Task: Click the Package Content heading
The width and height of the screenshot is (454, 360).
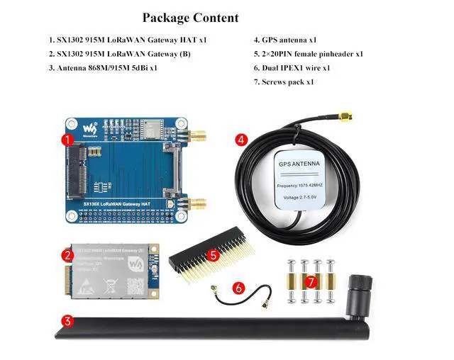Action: pos(190,18)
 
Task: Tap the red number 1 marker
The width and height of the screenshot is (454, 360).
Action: pos(67,140)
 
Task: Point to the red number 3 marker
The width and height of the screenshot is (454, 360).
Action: pos(67,320)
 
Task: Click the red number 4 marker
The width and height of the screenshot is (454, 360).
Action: pos(242,140)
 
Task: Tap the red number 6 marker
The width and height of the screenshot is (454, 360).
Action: pos(238,288)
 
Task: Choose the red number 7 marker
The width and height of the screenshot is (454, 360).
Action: pos(310,281)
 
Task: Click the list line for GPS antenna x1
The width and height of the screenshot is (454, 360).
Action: pos(284,40)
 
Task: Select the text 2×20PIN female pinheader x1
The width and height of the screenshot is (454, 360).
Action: pos(309,54)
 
